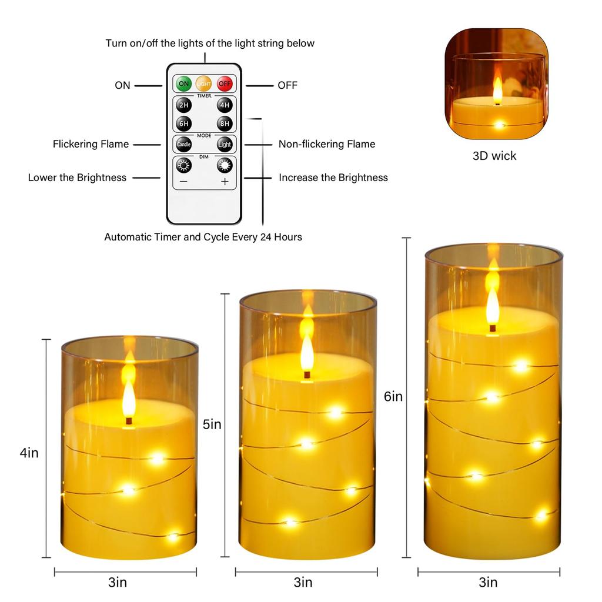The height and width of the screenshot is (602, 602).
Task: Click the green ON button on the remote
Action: (x=184, y=83)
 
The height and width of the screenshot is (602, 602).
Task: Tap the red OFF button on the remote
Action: (x=224, y=83)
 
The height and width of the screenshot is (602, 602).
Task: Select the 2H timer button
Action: (x=184, y=105)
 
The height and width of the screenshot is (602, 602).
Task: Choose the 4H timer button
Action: (x=224, y=105)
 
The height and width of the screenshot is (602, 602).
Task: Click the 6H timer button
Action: (x=184, y=123)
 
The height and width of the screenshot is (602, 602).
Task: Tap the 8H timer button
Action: (x=224, y=123)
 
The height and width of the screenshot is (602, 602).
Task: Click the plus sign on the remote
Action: (x=224, y=182)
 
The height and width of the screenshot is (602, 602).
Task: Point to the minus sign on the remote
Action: (x=183, y=182)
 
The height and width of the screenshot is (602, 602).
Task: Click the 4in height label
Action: (x=29, y=453)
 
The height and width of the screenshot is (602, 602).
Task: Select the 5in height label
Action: (x=212, y=424)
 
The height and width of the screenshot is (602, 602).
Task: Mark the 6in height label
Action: (x=393, y=397)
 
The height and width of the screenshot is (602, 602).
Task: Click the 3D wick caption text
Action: (x=494, y=156)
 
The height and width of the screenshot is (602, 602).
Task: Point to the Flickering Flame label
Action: (x=91, y=144)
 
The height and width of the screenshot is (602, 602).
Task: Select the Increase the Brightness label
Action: (x=333, y=178)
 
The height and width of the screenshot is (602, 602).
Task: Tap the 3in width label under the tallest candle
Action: (x=488, y=583)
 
